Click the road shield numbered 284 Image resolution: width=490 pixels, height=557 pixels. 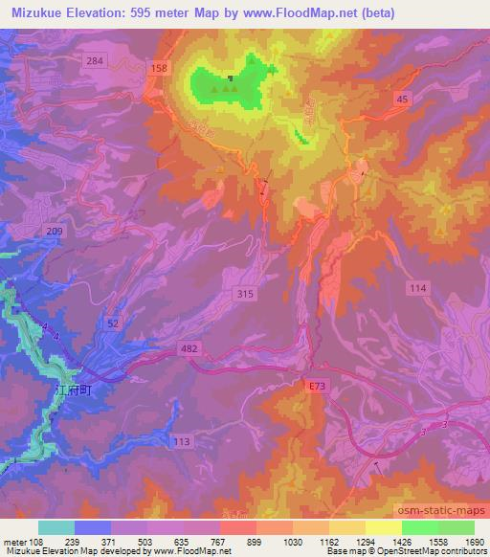pos(121,61)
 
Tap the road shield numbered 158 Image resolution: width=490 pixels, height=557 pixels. pos(160,68)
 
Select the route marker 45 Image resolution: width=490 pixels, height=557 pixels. pos(403,99)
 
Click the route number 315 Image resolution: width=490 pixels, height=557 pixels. pos(245,295)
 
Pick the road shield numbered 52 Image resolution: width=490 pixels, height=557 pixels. pos(113,325)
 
